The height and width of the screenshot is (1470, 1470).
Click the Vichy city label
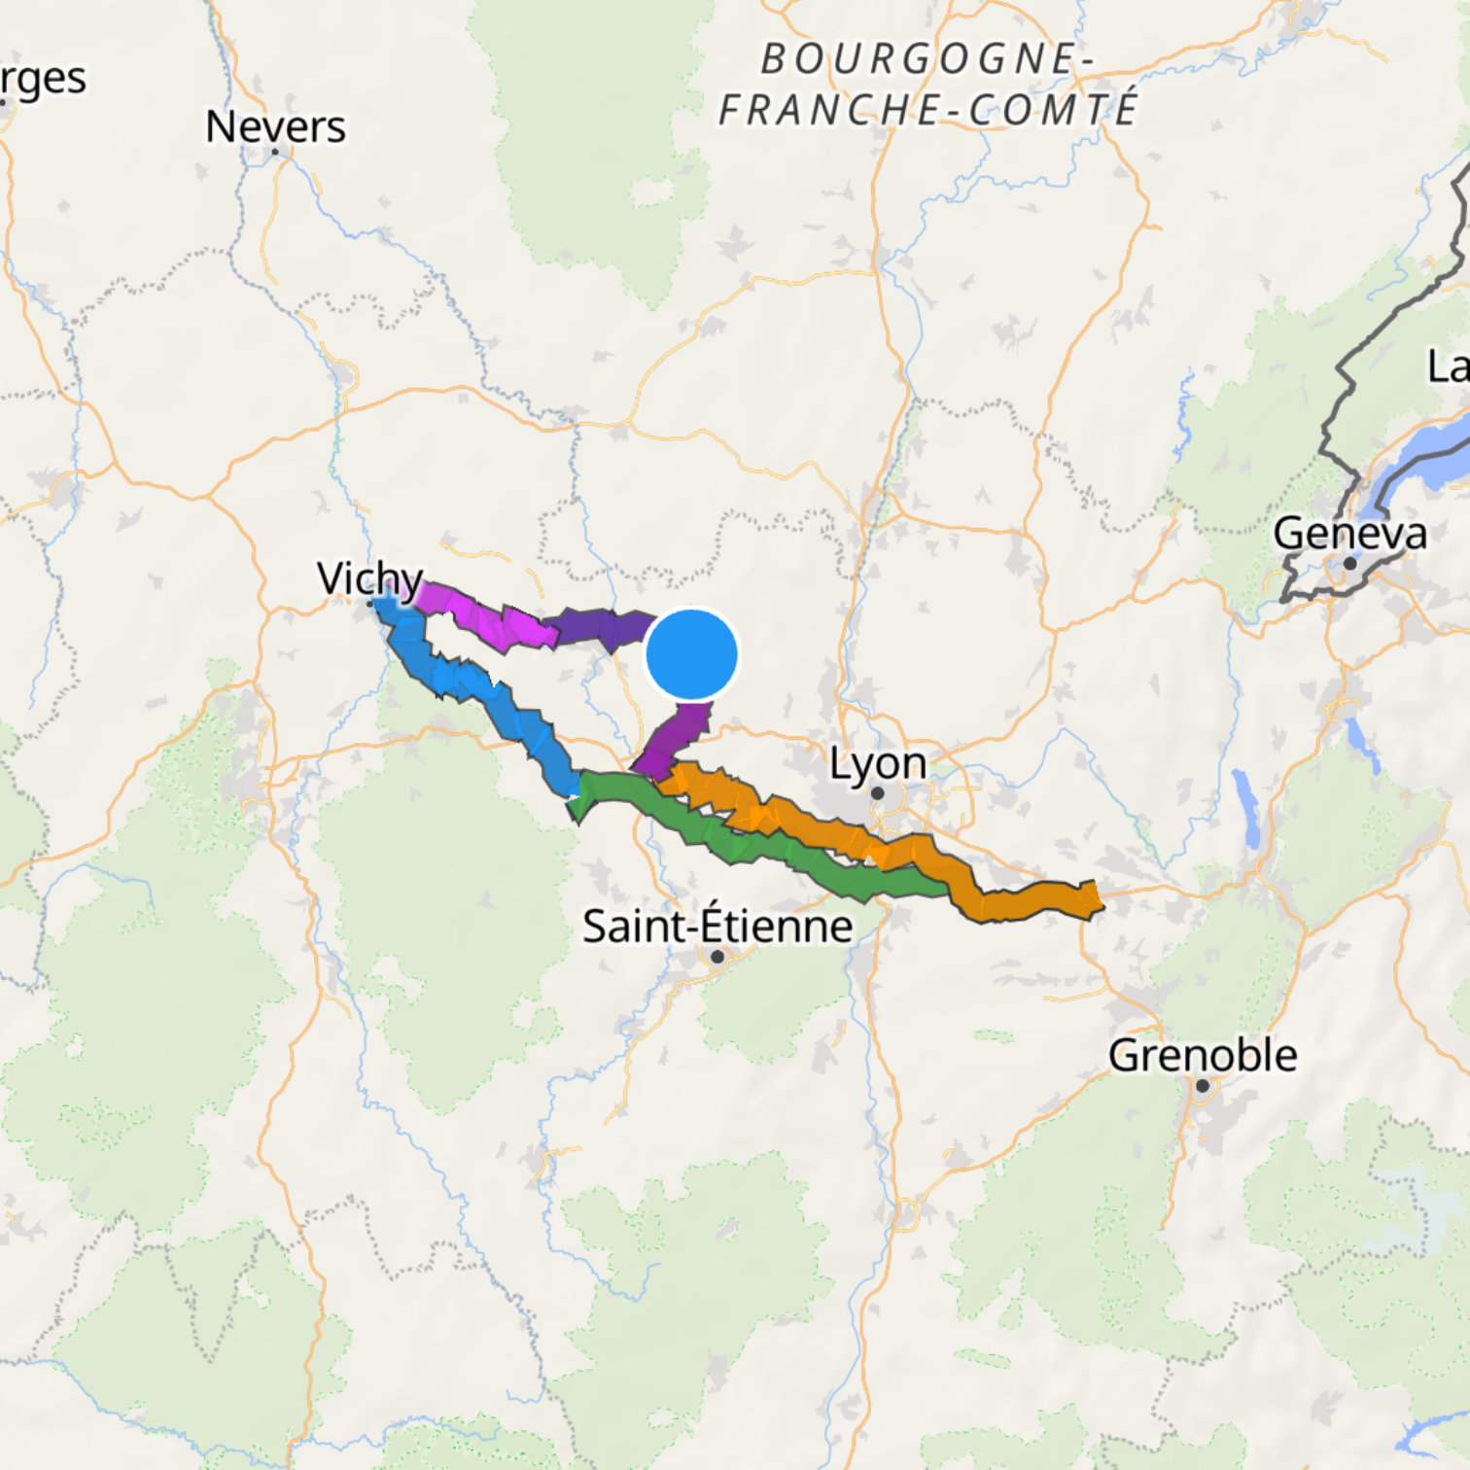coord(369,578)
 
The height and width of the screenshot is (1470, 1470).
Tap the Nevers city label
coord(275,126)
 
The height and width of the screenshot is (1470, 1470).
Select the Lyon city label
coord(877,763)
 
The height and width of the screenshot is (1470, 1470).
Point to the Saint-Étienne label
coord(717,926)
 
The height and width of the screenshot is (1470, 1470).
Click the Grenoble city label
coord(1203,1056)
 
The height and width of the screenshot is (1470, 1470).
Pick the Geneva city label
coord(1349,534)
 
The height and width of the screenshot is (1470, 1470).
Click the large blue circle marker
coord(692,654)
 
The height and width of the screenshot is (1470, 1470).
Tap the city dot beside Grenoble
coord(1203,1086)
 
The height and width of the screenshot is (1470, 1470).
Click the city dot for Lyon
coord(877,793)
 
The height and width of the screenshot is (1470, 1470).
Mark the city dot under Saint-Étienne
coord(717,957)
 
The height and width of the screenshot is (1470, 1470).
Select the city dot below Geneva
coord(1349,564)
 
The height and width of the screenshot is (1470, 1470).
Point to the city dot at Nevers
coord(276,152)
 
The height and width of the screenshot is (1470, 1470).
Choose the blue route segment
coord(476,685)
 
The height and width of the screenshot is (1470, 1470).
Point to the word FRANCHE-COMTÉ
coord(928,109)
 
